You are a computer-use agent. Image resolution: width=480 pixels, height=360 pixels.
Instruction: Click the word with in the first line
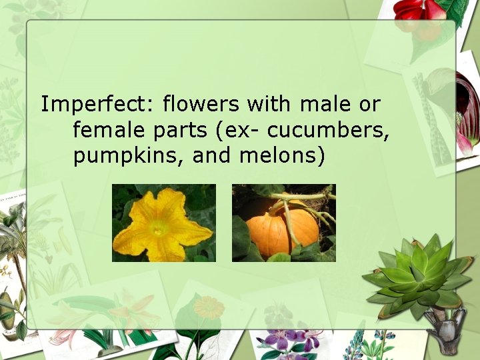click(x=270, y=105)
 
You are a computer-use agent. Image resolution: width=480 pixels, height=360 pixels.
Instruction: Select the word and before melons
click(x=215, y=156)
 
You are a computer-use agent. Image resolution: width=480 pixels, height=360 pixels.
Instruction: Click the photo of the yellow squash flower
click(x=163, y=223)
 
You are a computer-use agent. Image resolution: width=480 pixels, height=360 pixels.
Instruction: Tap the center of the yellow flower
click(x=159, y=227)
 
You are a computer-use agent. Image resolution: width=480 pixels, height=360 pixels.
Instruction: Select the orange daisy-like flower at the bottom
click(x=209, y=308)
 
